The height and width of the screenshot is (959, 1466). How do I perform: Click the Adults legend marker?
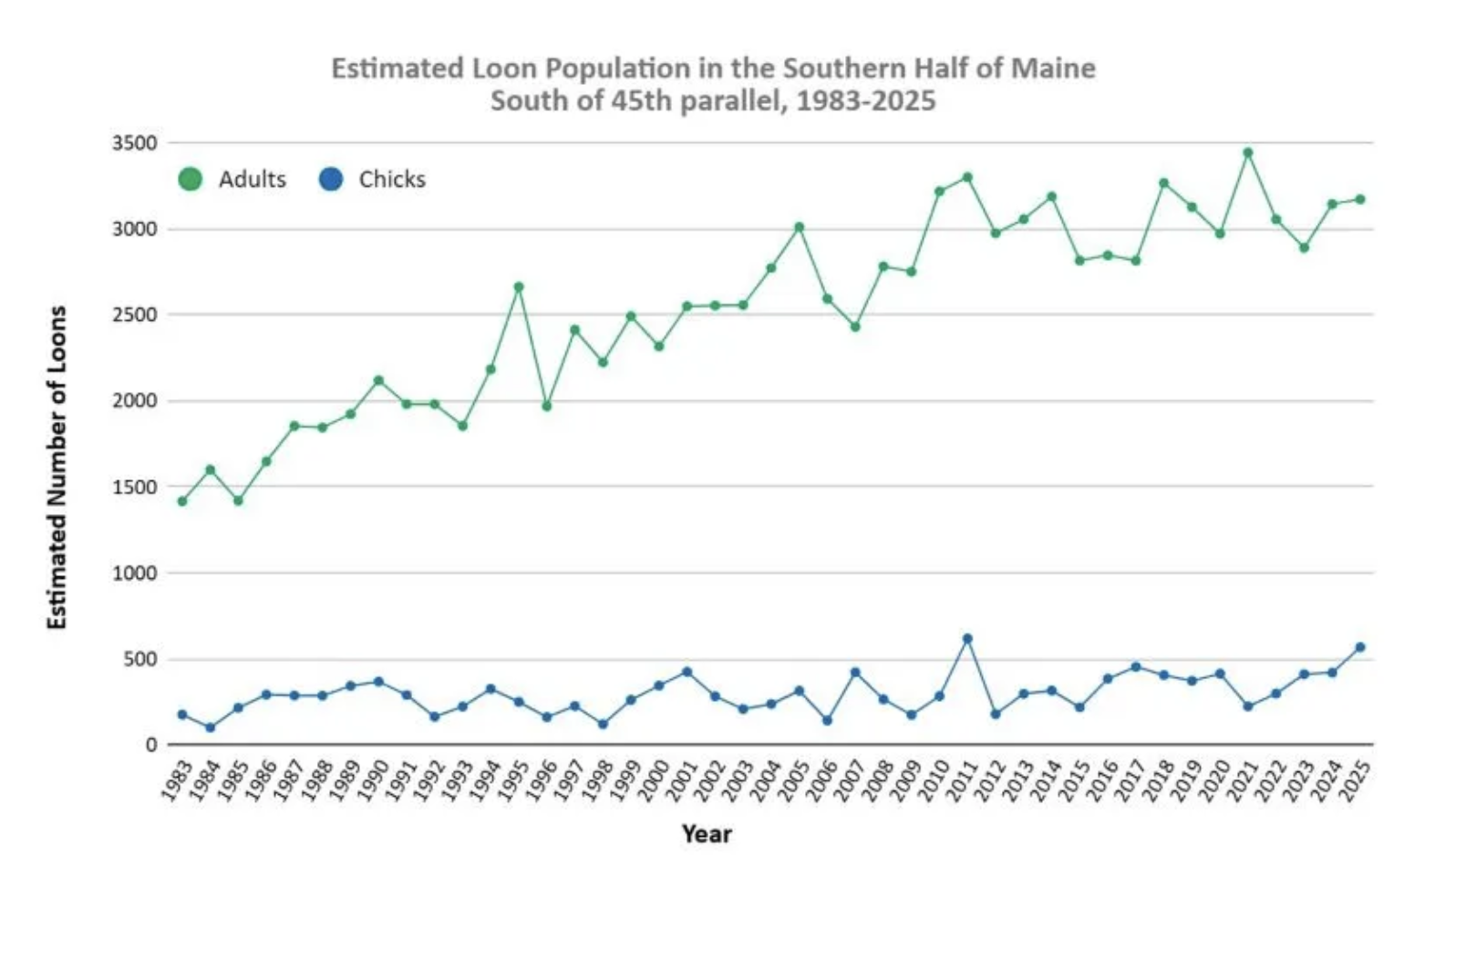(x=190, y=180)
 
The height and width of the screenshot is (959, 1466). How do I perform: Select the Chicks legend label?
(x=392, y=180)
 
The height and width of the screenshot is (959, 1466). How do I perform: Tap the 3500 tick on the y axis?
(x=135, y=143)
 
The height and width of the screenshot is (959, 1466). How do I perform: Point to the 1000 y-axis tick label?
(x=135, y=572)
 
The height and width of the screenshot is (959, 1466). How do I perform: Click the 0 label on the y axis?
(x=151, y=745)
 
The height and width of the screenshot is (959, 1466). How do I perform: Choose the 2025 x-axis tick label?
(x=1357, y=780)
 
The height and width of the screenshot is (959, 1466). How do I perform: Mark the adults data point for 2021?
(x=1248, y=153)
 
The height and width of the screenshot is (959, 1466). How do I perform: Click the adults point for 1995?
(x=519, y=287)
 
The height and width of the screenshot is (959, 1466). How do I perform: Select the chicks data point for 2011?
(x=967, y=639)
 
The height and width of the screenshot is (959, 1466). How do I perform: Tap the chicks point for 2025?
(x=1360, y=647)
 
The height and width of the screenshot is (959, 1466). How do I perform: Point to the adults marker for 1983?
(x=182, y=501)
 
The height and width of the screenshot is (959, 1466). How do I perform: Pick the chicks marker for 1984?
(x=211, y=727)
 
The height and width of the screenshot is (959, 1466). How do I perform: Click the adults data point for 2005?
(x=800, y=227)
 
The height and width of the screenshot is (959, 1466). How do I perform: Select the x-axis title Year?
(x=707, y=834)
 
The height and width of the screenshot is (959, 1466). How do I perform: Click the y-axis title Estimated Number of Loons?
(x=57, y=467)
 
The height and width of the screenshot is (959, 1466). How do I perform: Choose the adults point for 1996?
(x=547, y=406)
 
